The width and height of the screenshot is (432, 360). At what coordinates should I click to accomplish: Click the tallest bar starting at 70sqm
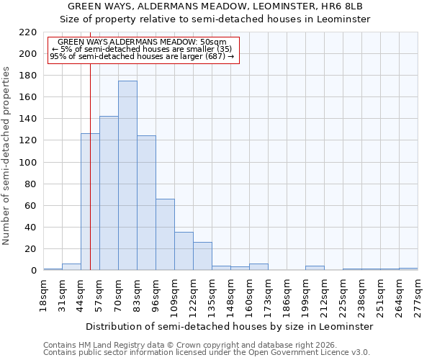point(127,176)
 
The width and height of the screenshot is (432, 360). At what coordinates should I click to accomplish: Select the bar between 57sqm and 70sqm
point(109,193)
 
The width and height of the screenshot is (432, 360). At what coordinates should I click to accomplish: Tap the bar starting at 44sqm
point(90,202)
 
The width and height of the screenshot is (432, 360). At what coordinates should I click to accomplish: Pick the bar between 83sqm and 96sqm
point(146,203)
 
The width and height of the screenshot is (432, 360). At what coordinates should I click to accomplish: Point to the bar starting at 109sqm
point(184,251)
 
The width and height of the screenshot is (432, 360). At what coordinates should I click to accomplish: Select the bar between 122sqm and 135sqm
point(202,256)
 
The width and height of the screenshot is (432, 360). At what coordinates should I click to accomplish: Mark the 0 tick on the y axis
point(33,271)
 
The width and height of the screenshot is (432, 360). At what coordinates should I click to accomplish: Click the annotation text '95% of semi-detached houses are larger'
point(142,56)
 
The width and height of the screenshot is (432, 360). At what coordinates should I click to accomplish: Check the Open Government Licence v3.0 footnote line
point(207,352)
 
